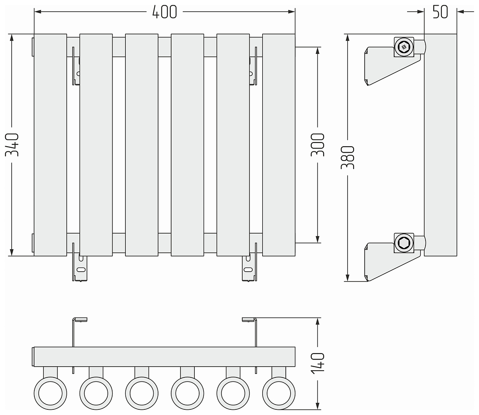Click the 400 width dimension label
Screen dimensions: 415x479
click(164, 12)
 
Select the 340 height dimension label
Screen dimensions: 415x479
click(13, 145)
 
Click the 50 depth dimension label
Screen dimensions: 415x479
click(440, 12)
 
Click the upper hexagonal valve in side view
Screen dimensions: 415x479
click(404, 48)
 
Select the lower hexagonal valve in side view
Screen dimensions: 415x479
click(403, 242)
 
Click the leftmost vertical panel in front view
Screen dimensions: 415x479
click(50, 145)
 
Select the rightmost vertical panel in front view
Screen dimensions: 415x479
click(279, 145)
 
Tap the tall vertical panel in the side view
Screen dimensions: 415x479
click(440, 145)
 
